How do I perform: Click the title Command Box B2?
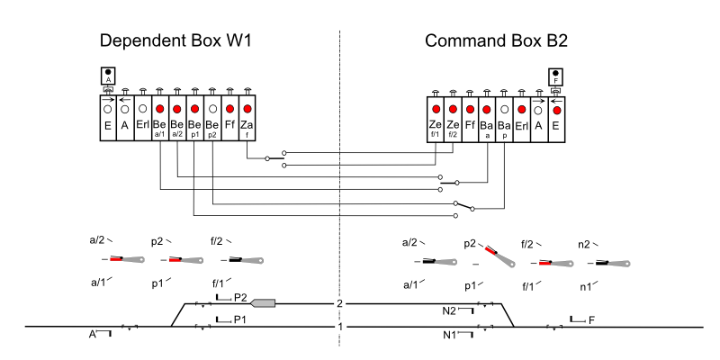pos(496,41)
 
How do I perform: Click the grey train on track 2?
pos(263,303)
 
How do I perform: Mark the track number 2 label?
pos(340,303)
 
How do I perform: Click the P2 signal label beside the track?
pos(239,296)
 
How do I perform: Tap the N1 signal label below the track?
pos(450,334)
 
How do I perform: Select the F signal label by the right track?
pos(591,319)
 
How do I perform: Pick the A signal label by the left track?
pos(92,333)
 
